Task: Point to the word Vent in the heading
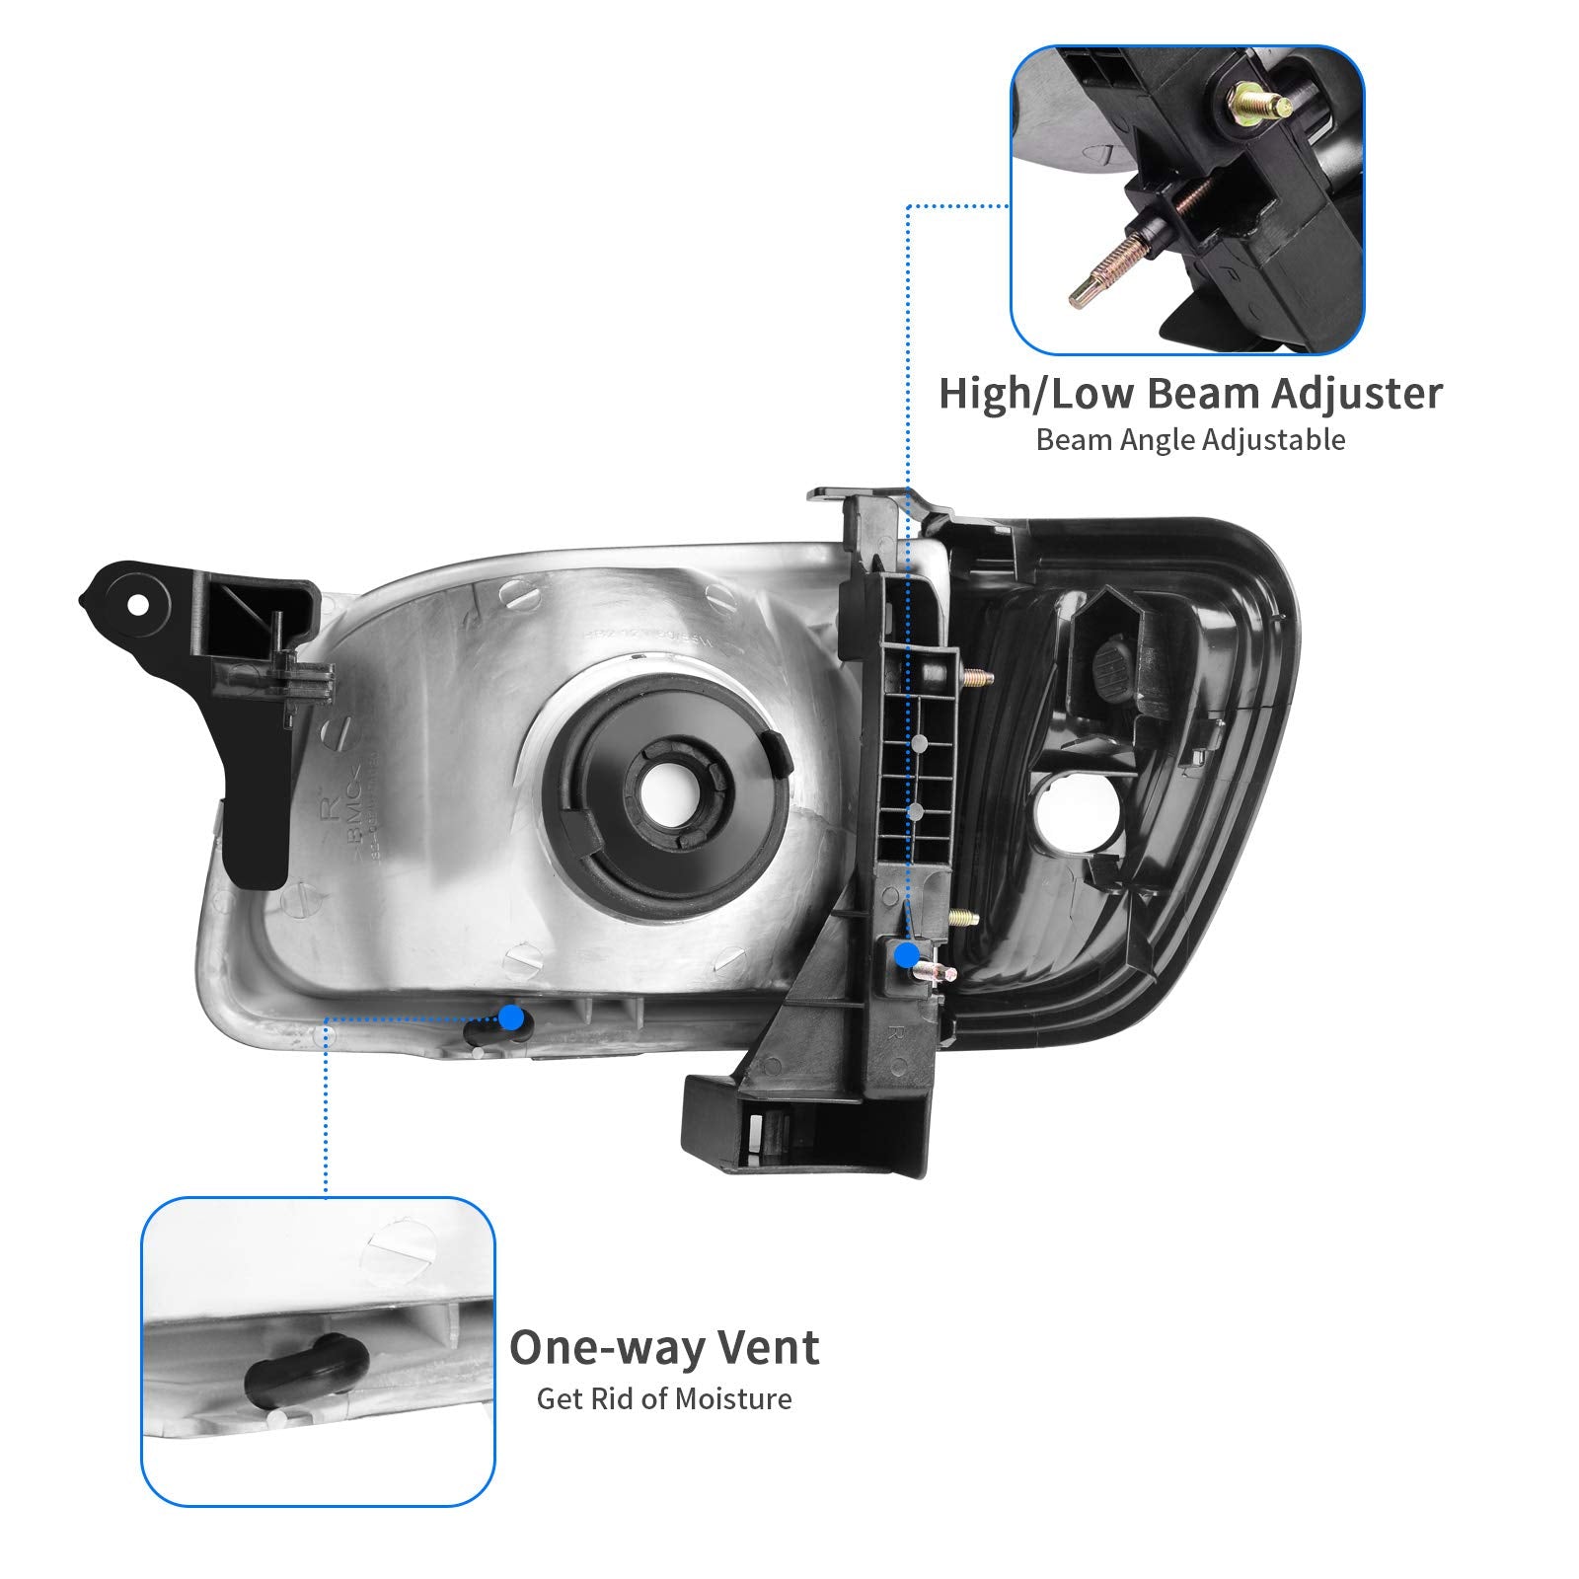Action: [771, 1348]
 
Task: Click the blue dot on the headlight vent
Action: [511, 1016]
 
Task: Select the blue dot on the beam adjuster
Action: [905, 953]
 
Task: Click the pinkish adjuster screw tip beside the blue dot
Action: [937, 975]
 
